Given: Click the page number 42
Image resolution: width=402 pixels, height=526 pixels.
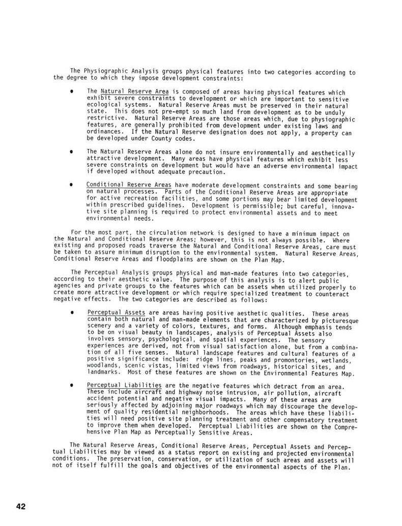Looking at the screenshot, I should coord(21,506).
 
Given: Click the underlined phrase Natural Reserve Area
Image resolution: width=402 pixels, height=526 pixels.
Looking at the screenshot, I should coord(127,91).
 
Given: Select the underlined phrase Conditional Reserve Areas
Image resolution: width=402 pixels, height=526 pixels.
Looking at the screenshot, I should coord(129,184).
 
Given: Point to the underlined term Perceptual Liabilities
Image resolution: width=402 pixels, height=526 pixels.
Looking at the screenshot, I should coord(124,385).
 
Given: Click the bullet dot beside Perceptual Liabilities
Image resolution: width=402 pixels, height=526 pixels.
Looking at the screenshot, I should coord(73,386).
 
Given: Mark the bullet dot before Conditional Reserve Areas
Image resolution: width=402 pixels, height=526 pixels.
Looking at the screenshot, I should coord(73,184).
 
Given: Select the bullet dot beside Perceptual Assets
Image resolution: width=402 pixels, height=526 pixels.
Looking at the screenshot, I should coord(73,313).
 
